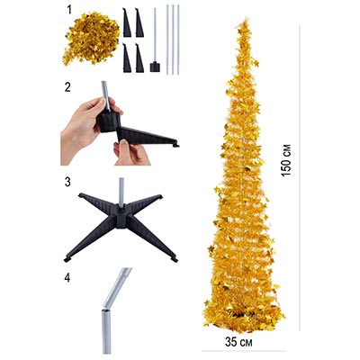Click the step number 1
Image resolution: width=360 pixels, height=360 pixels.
pos(69,10)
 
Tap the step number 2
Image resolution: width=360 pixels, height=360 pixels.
pos(67,87)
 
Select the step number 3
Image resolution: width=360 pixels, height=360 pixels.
pos(67,182)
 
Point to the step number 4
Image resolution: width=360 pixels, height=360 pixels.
pos(67,278)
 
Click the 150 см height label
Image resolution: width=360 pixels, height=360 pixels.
pos(287,160)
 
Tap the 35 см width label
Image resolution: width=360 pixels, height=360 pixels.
pos(238,342)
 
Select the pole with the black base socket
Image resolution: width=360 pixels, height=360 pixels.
pos(155,40)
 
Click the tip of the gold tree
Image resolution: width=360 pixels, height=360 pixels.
pos(247,19)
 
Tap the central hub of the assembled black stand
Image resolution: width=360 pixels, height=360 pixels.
pos(121,213)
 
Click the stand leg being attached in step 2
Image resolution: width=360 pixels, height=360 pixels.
pos(148,138)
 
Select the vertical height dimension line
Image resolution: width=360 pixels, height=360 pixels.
pos(300,177)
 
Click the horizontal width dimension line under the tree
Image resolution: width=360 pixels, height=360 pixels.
pos(243,351)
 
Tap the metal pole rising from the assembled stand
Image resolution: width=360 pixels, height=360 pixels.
pos(121,192)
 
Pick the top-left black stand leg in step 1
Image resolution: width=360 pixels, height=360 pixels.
pos(127,22)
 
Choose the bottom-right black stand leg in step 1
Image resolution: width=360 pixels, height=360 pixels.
pos(139,58)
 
